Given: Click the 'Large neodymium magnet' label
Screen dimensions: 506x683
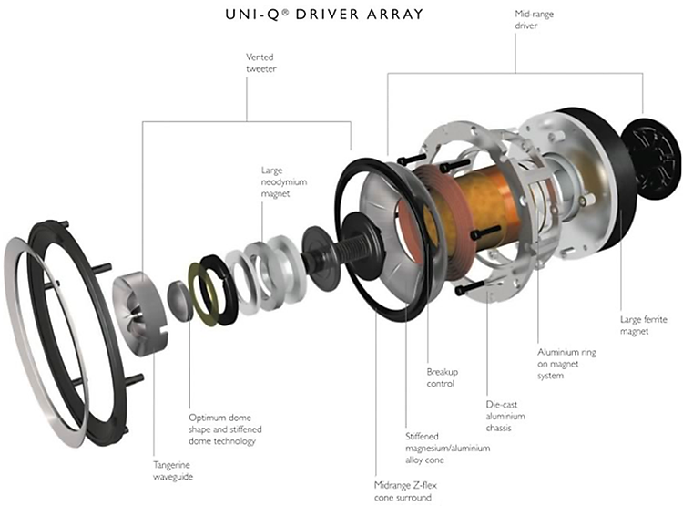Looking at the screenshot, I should (284, 181).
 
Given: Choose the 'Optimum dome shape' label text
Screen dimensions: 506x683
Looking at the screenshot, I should (222, 428).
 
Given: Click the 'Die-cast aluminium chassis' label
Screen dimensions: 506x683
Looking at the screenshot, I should (507, 415).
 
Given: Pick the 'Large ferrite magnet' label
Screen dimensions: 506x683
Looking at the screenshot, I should (644, 325).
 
